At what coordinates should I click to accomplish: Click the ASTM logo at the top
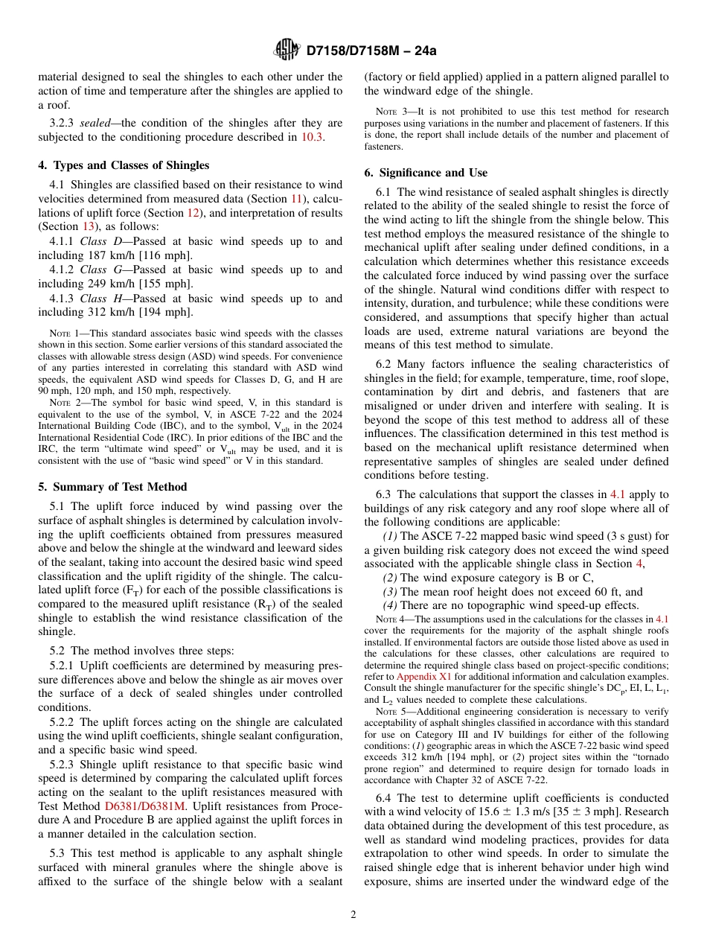pyautogui.click(x=287, y=51)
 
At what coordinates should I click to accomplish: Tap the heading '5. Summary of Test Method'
pyautogui.click(x=112, y=487)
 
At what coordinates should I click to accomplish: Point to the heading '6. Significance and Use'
pyautogui.click(x=426, y=173)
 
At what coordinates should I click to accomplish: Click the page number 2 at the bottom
pyautogui.click(x=353, y=915)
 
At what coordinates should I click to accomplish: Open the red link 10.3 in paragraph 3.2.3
pyautogui.click(x=312, y=137)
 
